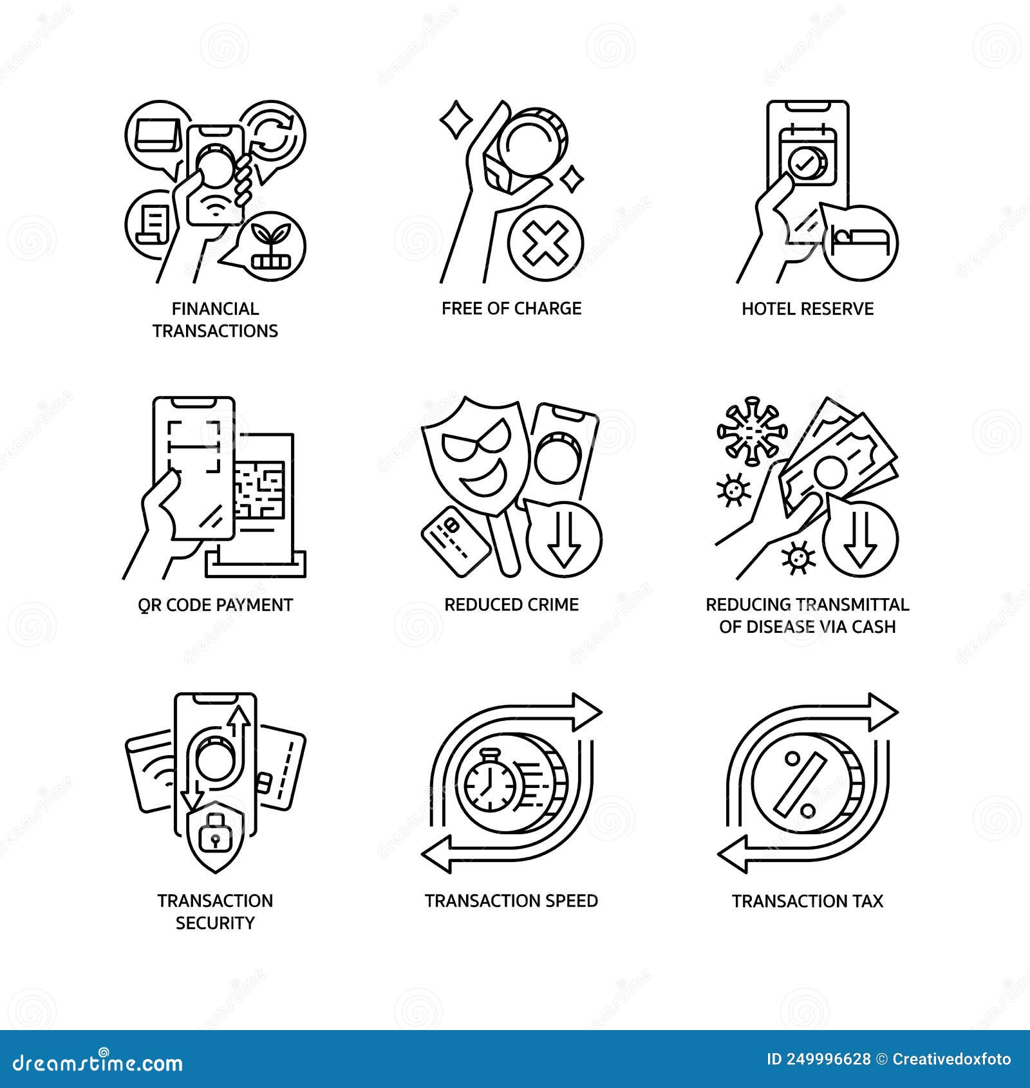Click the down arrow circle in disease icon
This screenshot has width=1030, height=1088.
(860, 539)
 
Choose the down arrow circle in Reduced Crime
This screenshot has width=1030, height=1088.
(565, 539)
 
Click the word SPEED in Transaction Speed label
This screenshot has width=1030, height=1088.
(568, 901)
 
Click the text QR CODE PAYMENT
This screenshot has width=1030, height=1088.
(215, 605)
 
